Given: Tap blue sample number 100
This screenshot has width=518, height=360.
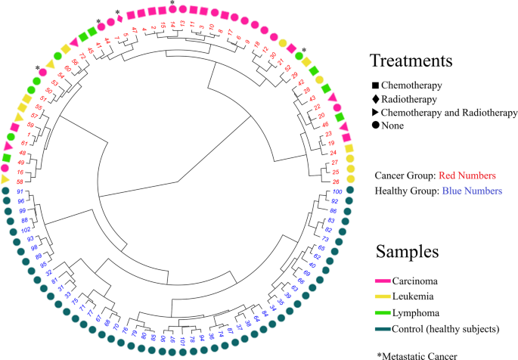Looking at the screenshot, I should [337, 192].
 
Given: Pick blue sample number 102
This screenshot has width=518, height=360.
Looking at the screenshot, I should [25, 229].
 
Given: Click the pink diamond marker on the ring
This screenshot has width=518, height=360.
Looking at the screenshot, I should [119, 20].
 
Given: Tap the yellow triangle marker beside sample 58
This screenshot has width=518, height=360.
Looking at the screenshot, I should [5, 179].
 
